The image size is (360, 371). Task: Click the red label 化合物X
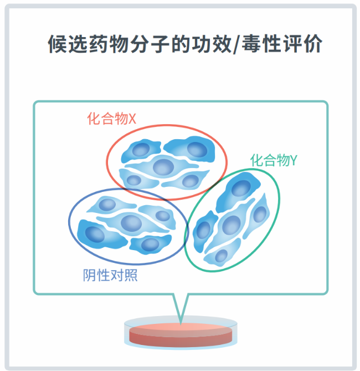(x=111, y=118)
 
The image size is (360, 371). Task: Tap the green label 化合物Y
(x=274, y=160)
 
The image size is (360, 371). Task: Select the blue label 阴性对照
(x=110, y=275)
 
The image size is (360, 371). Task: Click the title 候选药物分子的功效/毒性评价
(x=185, y=44)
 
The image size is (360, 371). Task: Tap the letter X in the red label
(x=132, y=119)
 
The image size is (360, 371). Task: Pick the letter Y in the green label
(x=294, y=160)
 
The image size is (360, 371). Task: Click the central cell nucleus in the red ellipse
(x=163, y=167)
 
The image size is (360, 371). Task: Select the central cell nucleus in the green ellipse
(x=232, y=225)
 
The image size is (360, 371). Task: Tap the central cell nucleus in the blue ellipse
(x=131, y=223)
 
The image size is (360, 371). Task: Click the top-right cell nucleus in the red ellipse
(x=197, y=150)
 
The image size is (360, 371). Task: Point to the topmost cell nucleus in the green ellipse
(x=241, y=188)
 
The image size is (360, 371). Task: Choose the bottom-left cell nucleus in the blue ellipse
(x=95, y=234)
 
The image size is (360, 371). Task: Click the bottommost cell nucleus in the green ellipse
(x=221, y=256)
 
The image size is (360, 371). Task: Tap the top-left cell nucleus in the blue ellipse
(x=107, y=205)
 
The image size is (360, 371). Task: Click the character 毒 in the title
(x=251, y=44)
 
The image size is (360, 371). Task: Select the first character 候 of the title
(x=58, y=44)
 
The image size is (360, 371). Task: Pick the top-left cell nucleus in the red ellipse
(x=141, y=150)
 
